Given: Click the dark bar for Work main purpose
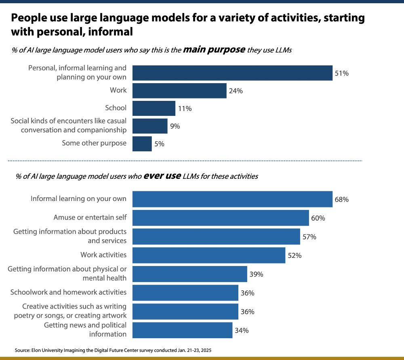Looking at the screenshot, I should [179, 91].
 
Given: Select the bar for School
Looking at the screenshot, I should [154, 108].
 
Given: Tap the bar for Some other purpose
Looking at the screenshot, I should [142, 144].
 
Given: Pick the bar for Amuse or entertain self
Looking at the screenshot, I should [221, 218].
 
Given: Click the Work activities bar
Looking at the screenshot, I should [209, 255].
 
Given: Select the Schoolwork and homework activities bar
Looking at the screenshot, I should [185, 293].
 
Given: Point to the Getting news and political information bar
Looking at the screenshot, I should [183, 330].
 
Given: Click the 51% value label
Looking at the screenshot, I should [341, 73].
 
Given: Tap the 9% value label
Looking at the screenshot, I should [175, 126].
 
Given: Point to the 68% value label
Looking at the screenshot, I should [341, 199].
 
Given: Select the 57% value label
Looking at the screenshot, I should [309, 237].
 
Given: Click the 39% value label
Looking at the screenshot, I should [256, 274].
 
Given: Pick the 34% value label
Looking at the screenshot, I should [241, 331].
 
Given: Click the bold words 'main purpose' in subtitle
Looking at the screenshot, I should [214, 50].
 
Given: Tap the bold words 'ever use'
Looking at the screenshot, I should [159, 176].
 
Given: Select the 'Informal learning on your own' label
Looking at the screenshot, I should [78, 199].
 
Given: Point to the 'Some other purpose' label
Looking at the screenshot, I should [94, 143].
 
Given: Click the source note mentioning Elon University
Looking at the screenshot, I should [113, 350].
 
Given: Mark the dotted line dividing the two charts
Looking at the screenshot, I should [185, 161].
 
